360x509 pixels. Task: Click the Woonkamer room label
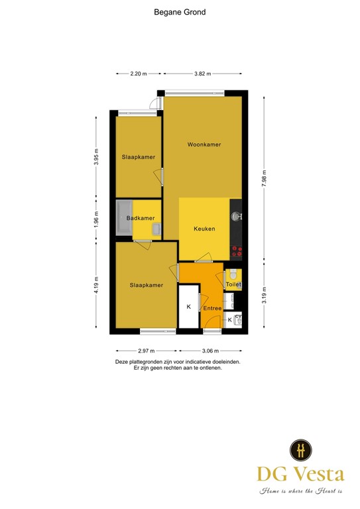[204, 144]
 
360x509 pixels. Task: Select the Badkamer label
[141, 219]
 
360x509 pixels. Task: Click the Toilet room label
[233, 285]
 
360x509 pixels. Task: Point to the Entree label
[212, 308]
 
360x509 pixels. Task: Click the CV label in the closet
[238, 317]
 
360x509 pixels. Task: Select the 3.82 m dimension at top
[202, 74]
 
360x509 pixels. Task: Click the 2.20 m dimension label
[139, 74]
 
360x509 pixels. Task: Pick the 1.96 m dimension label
[97, 219]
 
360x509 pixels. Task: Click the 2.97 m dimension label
[146, 351]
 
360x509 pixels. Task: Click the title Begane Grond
[179, 11]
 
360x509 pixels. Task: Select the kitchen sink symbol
[237, 216]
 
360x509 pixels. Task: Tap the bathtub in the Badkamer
[124, 218]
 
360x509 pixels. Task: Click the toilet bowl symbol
[233, 274]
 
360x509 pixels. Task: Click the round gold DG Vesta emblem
[301, 450]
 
